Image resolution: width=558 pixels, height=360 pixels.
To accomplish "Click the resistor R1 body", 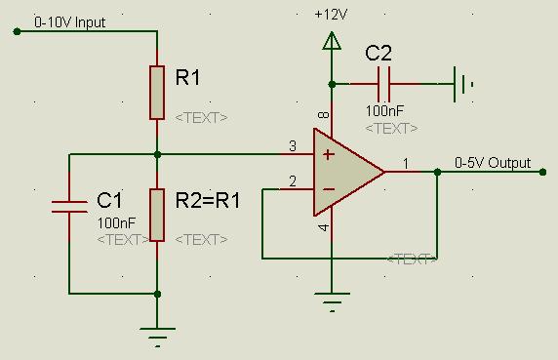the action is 157,93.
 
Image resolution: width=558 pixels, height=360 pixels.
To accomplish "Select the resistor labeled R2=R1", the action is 157,215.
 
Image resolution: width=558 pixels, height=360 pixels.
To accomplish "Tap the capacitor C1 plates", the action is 69,207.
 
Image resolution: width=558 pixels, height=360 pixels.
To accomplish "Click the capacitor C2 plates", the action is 383,84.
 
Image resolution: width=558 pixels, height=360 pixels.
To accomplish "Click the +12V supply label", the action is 331,15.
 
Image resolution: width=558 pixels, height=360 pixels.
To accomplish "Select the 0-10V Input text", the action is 70,22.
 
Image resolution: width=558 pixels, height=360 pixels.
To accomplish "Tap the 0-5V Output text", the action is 493,163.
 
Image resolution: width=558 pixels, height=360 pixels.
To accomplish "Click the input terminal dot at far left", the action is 17,31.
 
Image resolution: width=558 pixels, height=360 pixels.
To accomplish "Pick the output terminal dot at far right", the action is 542,172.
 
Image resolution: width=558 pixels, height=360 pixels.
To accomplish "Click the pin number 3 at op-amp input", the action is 293,145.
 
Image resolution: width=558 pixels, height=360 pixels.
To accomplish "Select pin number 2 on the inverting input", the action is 293,181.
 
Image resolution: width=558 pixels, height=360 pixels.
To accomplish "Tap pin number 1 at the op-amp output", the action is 406,164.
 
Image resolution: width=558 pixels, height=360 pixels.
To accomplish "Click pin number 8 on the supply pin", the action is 324,114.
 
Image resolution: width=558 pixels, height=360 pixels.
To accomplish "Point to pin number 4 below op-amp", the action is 324,227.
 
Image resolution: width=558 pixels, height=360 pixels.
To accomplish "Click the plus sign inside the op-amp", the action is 328,155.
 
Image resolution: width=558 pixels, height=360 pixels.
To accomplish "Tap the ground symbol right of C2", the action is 463,84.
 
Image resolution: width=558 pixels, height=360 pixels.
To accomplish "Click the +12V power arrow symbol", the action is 332,41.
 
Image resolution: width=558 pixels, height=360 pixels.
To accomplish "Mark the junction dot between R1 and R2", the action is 157,155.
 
